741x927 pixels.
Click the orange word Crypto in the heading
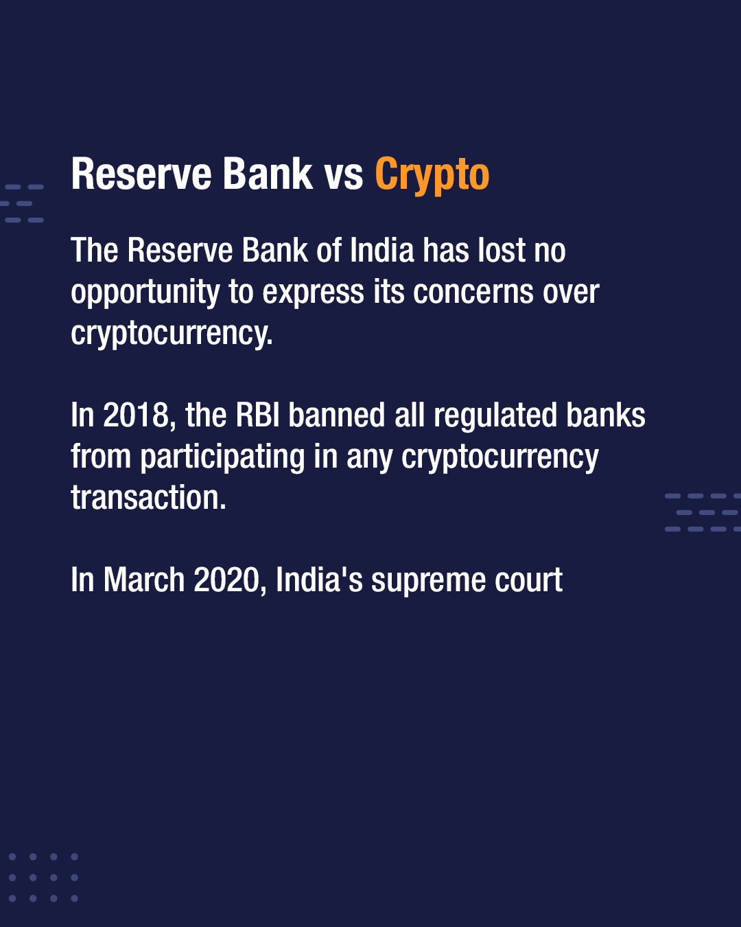point(432,175)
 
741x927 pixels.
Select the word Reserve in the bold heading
point(141,174)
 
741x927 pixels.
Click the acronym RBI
point(257,415)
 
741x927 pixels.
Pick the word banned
point(336,415)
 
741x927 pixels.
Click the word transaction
point(149,498)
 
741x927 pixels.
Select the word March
point(144,580)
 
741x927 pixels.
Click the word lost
point(501,250)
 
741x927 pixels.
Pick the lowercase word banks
point(605,415)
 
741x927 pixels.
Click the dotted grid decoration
point(43,878)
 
